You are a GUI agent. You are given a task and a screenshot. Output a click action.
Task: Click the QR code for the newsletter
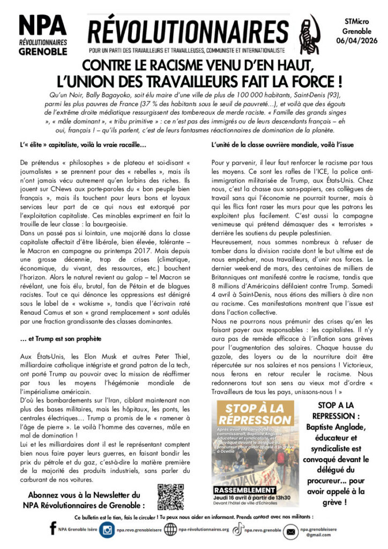(x=170, y=497)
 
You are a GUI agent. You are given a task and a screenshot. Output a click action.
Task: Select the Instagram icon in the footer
(x=107, y=530)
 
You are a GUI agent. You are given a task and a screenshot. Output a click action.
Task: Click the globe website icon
(x=171, y=530)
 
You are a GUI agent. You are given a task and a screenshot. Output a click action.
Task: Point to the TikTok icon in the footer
(x=236, y=530)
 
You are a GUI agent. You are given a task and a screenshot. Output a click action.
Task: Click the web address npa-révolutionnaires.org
(x=204, y=530)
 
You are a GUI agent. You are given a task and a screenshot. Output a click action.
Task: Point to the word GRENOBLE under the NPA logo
(x=43, y=52)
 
